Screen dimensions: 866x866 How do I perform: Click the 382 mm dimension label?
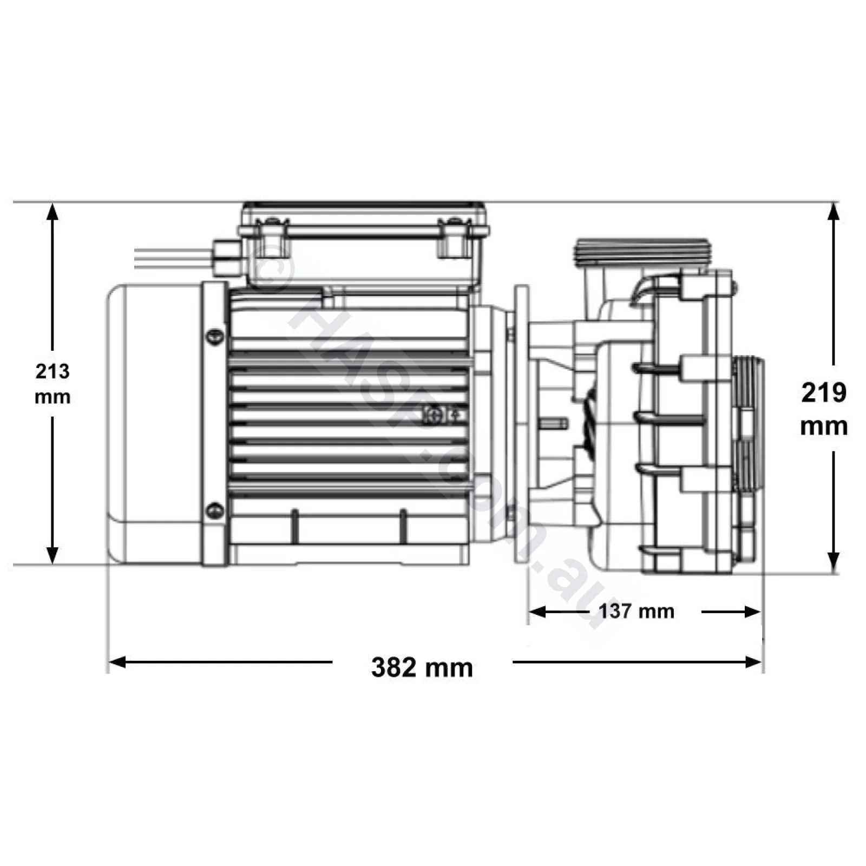click(422, 667)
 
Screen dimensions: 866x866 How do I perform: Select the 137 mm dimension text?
click(637, 612)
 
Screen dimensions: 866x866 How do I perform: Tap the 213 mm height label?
click(53, 384)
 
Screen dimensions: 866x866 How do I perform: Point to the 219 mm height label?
click(824, 409)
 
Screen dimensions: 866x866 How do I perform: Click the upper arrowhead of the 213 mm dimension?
click(53, 211)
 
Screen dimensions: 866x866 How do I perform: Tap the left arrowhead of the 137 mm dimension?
click(536, 612)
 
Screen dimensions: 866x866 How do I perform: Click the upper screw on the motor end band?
click(215, 337)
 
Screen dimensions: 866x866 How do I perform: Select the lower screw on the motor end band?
click(215, 510)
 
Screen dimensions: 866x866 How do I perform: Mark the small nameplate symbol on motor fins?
click(443, 416)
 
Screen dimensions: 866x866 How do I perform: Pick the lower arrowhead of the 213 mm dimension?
click(53, 555)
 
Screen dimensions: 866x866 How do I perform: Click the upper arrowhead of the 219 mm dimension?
click(834, 212)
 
